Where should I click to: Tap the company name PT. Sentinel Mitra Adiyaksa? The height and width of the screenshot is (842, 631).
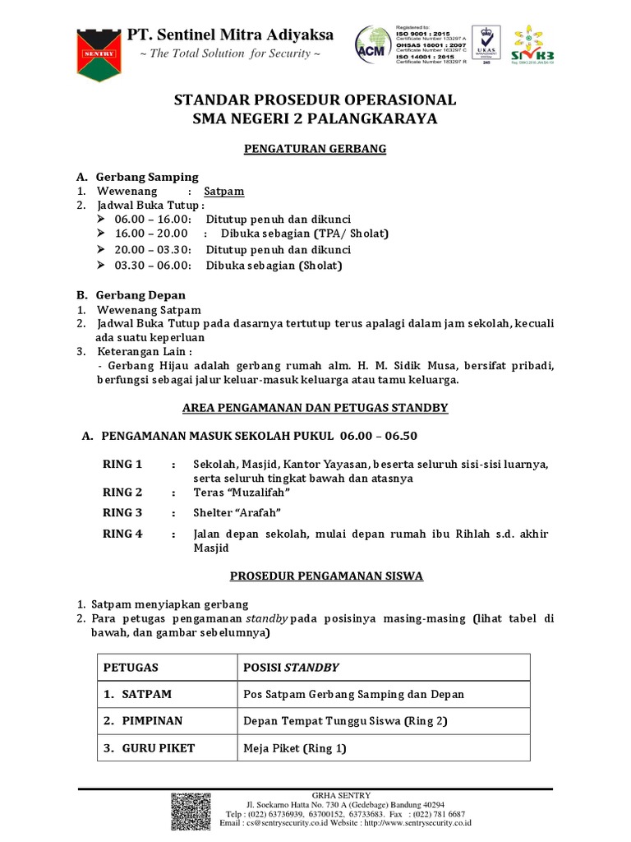[x=229, y=35]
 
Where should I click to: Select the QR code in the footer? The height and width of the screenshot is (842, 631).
[x=191, y=812]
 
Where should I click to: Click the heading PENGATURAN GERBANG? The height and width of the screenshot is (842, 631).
[x=315, y=149]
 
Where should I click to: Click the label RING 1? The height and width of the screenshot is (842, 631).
[x=122, y=465]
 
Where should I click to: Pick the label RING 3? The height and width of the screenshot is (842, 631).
[x=122, y=513]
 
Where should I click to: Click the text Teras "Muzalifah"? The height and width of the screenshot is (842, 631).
[x=242, y=493]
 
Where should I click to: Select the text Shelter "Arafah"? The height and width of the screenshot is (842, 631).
[x=240, y=513]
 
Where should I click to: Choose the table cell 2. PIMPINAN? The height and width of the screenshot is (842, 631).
[x=143, y=721]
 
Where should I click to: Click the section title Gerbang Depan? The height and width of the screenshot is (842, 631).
[x=140, y=294]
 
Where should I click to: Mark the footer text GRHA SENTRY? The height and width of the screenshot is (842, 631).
[x=346, y=795]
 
